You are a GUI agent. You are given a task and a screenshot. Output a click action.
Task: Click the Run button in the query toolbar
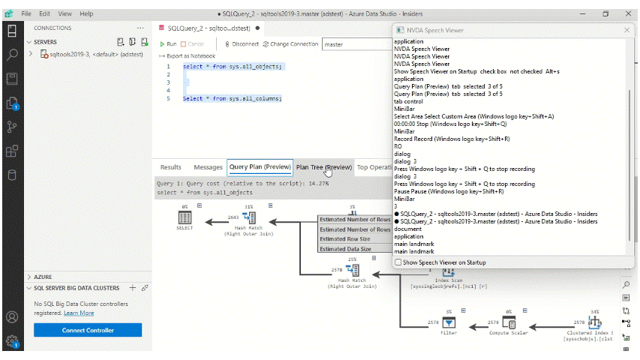point(168,44)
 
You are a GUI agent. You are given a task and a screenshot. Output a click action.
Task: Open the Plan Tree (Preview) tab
point(323,167)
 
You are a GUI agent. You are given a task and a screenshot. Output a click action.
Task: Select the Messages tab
point(208,167)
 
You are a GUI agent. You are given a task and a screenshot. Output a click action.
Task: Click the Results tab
point(170,167)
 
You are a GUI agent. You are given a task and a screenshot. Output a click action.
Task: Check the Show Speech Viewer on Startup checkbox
point(398,262)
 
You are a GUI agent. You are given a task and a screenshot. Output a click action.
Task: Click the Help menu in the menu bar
point(86,13)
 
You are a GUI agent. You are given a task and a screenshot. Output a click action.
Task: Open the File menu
point(26,13)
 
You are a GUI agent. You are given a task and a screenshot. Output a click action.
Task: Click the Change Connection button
point(290,44)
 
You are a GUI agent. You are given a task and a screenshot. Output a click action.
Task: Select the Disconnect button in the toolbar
point(242,44)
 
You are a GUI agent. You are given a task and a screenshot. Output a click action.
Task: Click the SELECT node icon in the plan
point(184,218)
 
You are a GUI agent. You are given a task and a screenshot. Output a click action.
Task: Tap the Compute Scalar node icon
point(509,322)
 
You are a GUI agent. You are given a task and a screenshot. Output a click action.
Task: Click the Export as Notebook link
point(188,56)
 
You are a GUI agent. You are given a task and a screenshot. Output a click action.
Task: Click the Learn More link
point(79,313)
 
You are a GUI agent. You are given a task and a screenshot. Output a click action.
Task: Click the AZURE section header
point(43,277)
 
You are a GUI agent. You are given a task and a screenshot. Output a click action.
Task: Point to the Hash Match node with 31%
point(248,218)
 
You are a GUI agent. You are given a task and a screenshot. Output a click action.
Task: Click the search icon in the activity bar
point(12,54)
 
